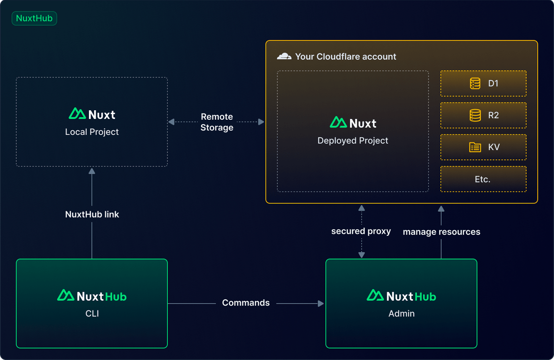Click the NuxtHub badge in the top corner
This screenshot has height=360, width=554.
34,19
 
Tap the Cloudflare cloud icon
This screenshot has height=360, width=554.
284,56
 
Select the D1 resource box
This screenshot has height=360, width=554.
483,84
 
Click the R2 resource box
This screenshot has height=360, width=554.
483,116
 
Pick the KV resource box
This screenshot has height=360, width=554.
483,147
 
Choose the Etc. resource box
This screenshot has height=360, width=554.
483,179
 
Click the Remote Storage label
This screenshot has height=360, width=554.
217,122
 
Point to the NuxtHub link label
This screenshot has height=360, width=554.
92,215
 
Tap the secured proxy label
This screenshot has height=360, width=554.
361,231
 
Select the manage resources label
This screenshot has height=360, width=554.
441,232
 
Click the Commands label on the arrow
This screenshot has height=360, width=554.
246,303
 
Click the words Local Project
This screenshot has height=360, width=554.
92,132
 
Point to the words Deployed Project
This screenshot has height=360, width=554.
353,141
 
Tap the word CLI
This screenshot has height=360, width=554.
92,314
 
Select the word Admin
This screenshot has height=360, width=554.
402,314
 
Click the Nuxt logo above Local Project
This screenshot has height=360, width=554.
92,114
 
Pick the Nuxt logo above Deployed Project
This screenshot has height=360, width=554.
353,123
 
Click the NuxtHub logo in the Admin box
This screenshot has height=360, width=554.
402,296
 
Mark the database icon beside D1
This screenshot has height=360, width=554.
475,84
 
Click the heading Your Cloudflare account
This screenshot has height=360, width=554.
346,56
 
